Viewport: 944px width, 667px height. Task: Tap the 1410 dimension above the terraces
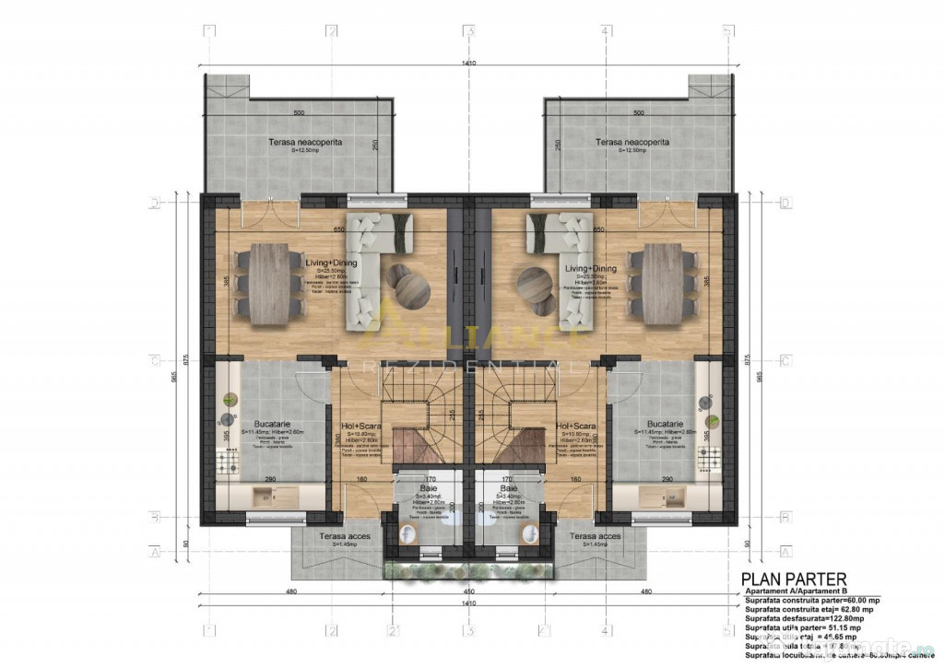click(469, 63)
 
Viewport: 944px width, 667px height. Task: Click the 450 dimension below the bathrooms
click(469, 591)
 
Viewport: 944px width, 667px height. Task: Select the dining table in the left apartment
click(268, 283)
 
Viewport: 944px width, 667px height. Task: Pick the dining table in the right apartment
click(670, 283)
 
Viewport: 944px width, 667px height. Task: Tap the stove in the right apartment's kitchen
click(711, 454)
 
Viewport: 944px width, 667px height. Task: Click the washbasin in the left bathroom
click(428, 554)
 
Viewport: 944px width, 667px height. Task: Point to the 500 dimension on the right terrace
click(638, 112)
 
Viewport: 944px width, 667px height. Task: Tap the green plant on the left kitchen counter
click(229, 400)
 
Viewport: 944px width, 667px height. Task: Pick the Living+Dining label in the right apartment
click(589, 268)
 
